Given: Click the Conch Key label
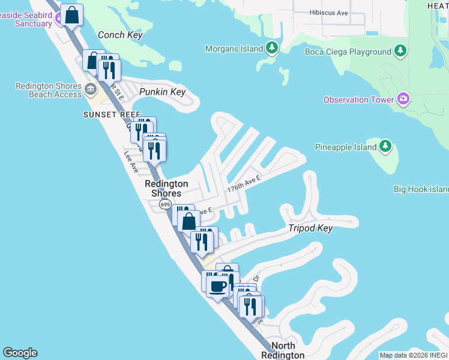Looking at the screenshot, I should [x=120, y=35].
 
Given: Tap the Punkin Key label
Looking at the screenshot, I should [x=162, y=92].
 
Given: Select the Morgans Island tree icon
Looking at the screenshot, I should [x=272, y=48].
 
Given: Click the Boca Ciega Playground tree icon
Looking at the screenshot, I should [x=400, y=52].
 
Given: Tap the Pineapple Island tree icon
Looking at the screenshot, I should [x=385, y=146].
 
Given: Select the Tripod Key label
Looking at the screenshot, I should [x=310, y=228].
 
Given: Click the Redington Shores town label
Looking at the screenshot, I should [x=166, y=188].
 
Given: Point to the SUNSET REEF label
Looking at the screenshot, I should [x=107, y=114].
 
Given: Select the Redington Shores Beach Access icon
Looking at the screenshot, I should [x=91, y=90].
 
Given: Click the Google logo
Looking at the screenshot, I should [x=20, y=353].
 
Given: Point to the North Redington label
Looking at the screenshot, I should [x=283, y=350].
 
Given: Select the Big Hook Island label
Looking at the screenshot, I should [x=421, y=189].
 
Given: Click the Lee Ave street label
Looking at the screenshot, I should [x=131, y=161].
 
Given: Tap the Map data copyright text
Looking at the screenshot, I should [x=414, y=355].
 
